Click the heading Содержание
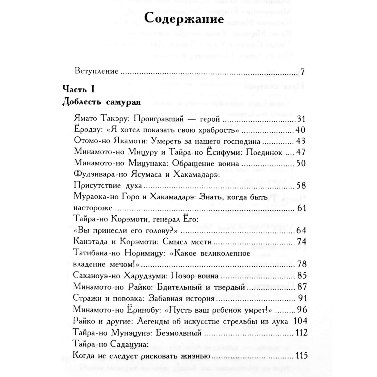tap(184, 19)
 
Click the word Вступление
tap(96, 71)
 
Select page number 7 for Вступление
tap(302, 71)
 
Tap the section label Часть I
tap(78, 89)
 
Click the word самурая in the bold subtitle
tap(123, 102)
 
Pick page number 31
tap(301, 119)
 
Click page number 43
tap(301, 141)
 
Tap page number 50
tap(301, 164)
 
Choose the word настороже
tap(93, 208)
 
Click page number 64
tap(301, 230)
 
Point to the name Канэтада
tap(90, 242)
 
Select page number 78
tap(302, 264)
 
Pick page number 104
tap(300, 321)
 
